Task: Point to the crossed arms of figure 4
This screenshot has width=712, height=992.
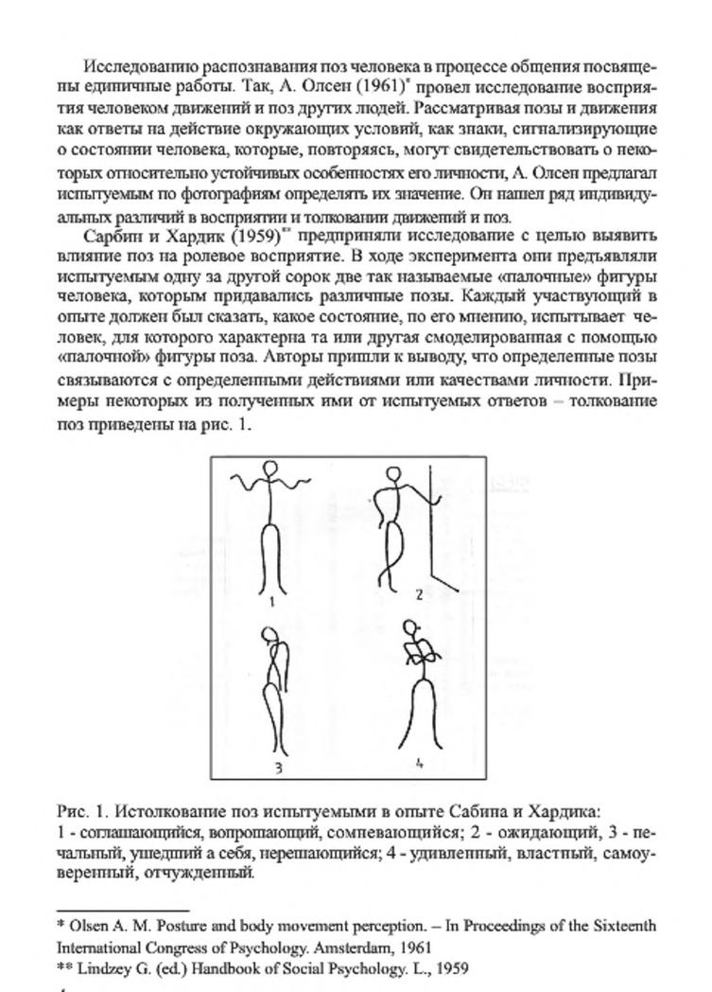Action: tap(417, 653)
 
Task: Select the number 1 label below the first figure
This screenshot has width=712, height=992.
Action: tap(271, 600)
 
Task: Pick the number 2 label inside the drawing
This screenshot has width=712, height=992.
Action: tap(420, 594)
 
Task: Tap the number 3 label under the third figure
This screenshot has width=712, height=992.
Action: tap(278, 768)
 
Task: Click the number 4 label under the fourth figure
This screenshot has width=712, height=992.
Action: tap(418, 762)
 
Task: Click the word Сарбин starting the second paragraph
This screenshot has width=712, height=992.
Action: tap(111, 235)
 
